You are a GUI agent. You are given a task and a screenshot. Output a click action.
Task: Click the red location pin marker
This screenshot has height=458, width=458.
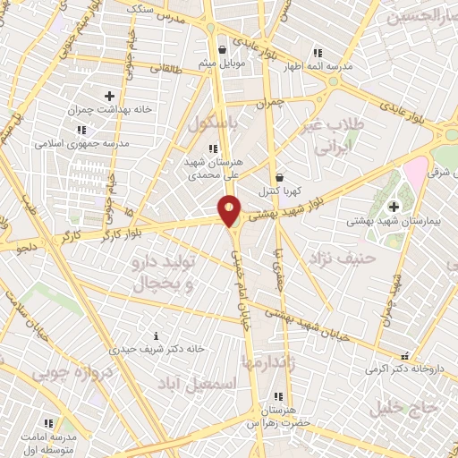click(230, 210)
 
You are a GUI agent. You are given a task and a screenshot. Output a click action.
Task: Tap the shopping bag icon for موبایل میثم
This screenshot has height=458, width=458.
click(223, 49)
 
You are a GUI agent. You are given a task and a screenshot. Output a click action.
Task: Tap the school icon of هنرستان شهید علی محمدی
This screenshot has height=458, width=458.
click(212, 149)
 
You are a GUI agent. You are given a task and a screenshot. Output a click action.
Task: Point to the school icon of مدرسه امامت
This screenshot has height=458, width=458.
click(49, 421)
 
